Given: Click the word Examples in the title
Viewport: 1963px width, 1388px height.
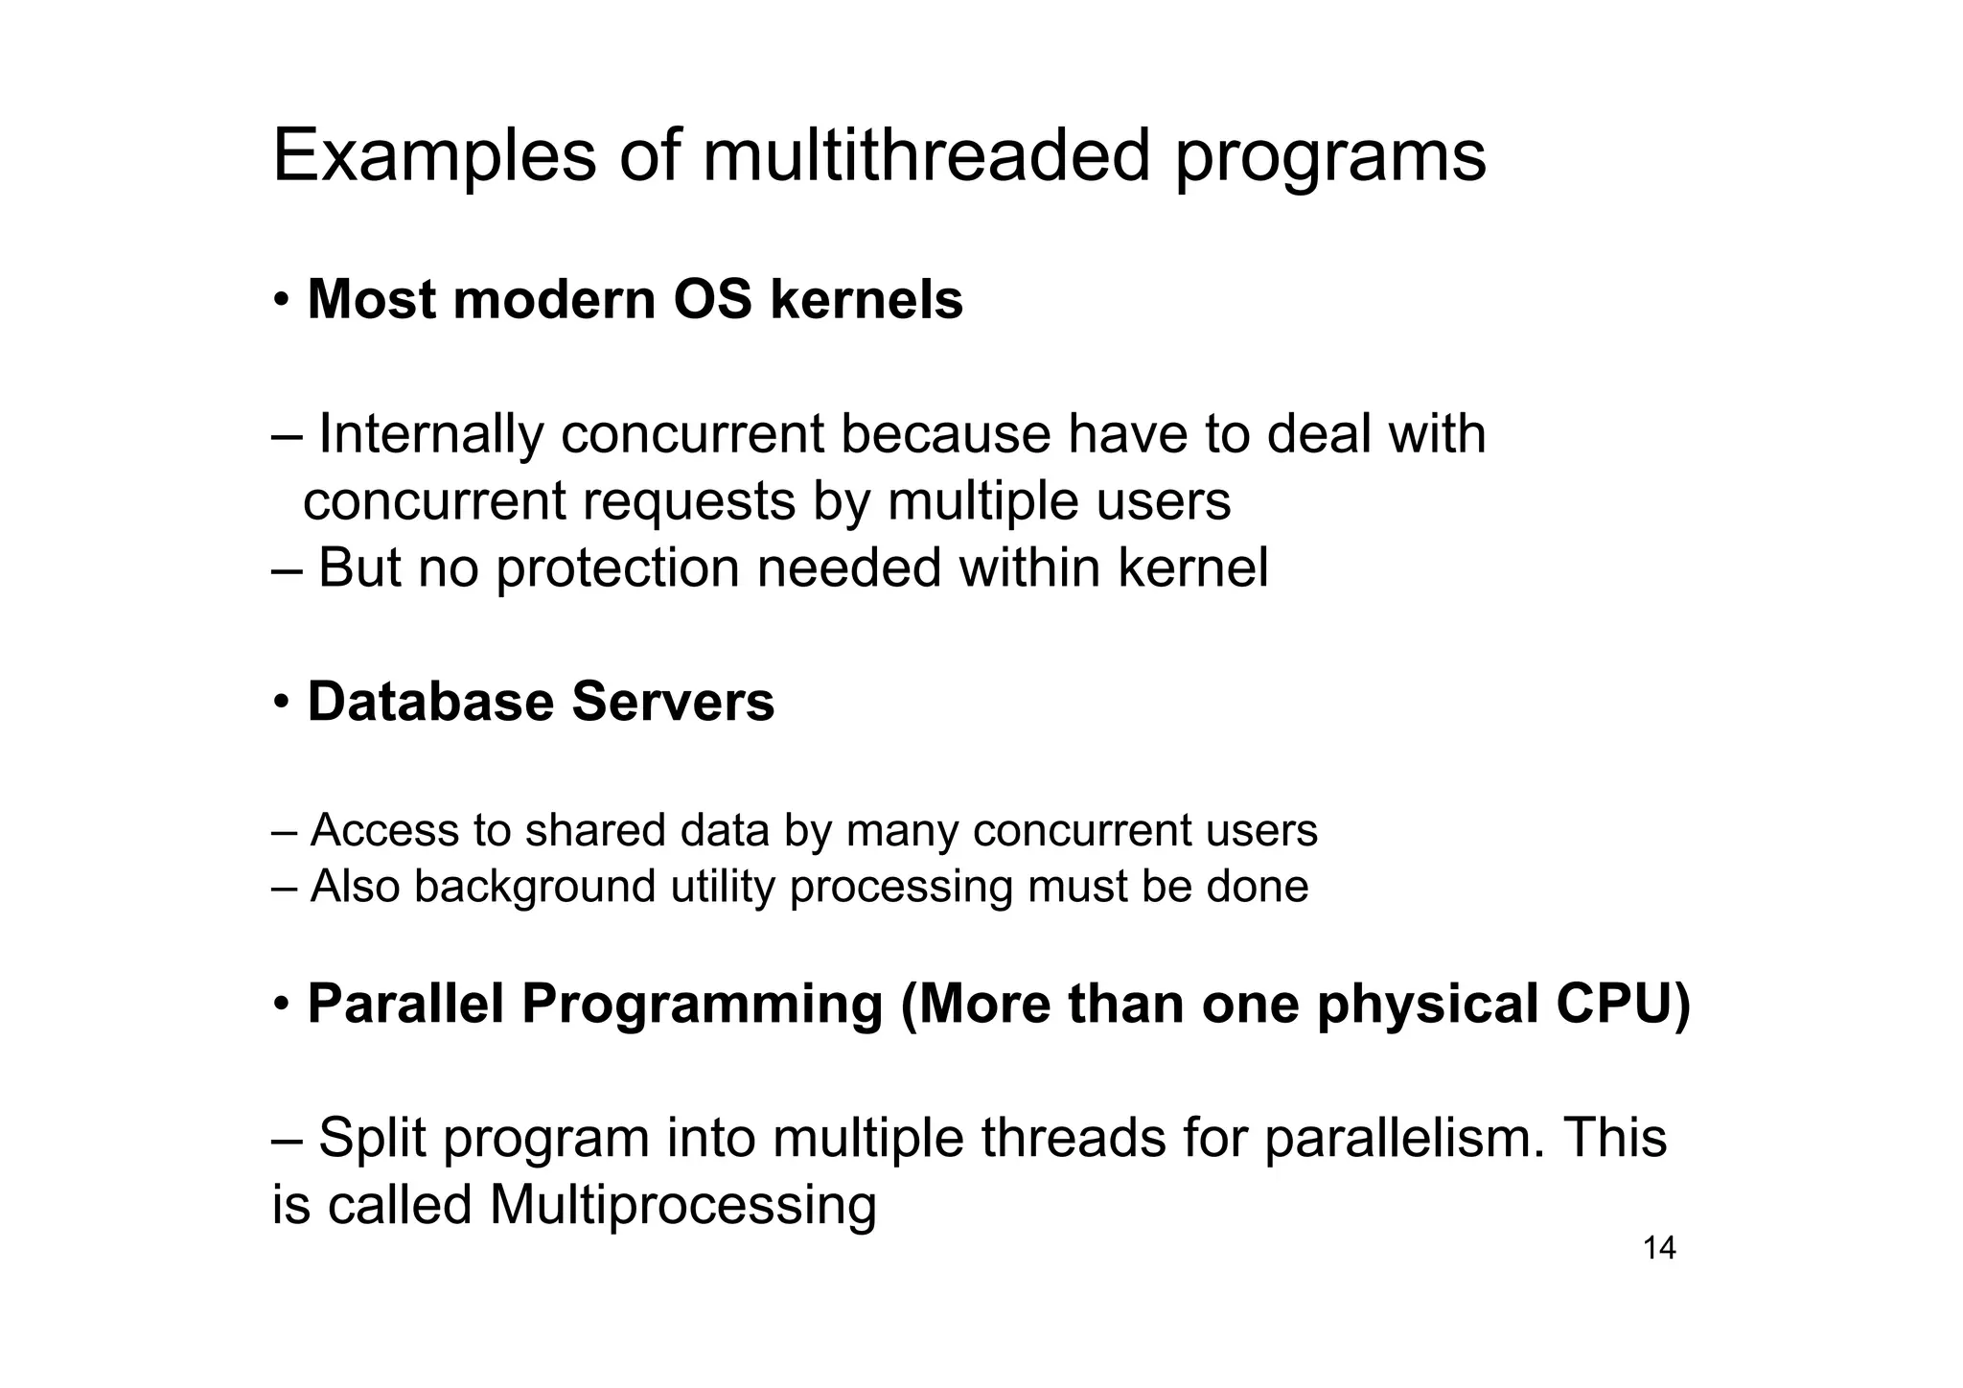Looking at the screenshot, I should [433, 155].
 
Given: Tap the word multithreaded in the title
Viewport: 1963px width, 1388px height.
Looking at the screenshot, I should [925, 155].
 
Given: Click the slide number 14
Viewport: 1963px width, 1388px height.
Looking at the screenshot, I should [1659, 1248].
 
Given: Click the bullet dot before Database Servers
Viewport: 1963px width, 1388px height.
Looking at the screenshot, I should [281, 703].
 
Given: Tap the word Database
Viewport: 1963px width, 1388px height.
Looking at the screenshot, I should [430, 702].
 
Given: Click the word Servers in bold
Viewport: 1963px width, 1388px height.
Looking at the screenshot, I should [673, 702].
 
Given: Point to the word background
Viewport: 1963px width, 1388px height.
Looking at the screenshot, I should [534, 887].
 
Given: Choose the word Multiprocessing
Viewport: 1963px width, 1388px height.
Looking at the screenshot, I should [682, 1205].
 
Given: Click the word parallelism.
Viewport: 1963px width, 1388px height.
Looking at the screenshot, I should [1404, 1138].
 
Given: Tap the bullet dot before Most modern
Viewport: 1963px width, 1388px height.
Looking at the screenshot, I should [281, 300].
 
